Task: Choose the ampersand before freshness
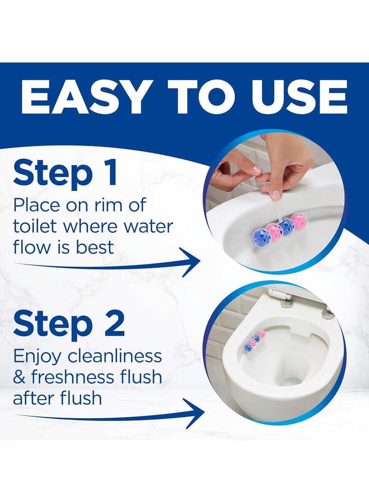19,377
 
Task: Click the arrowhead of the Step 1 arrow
190,262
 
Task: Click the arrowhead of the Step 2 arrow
194,414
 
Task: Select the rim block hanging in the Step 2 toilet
256,341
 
